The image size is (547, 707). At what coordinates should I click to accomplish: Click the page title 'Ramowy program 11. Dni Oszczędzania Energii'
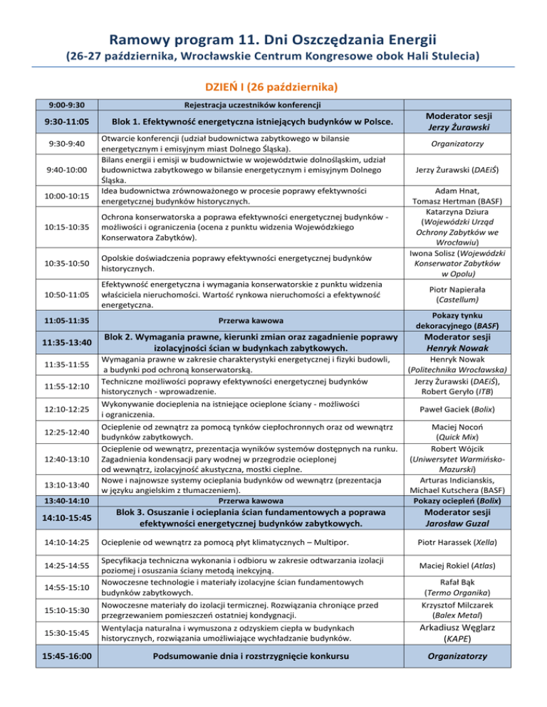pos(273,33)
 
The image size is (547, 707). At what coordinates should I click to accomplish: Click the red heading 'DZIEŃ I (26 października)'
pos(273,87)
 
